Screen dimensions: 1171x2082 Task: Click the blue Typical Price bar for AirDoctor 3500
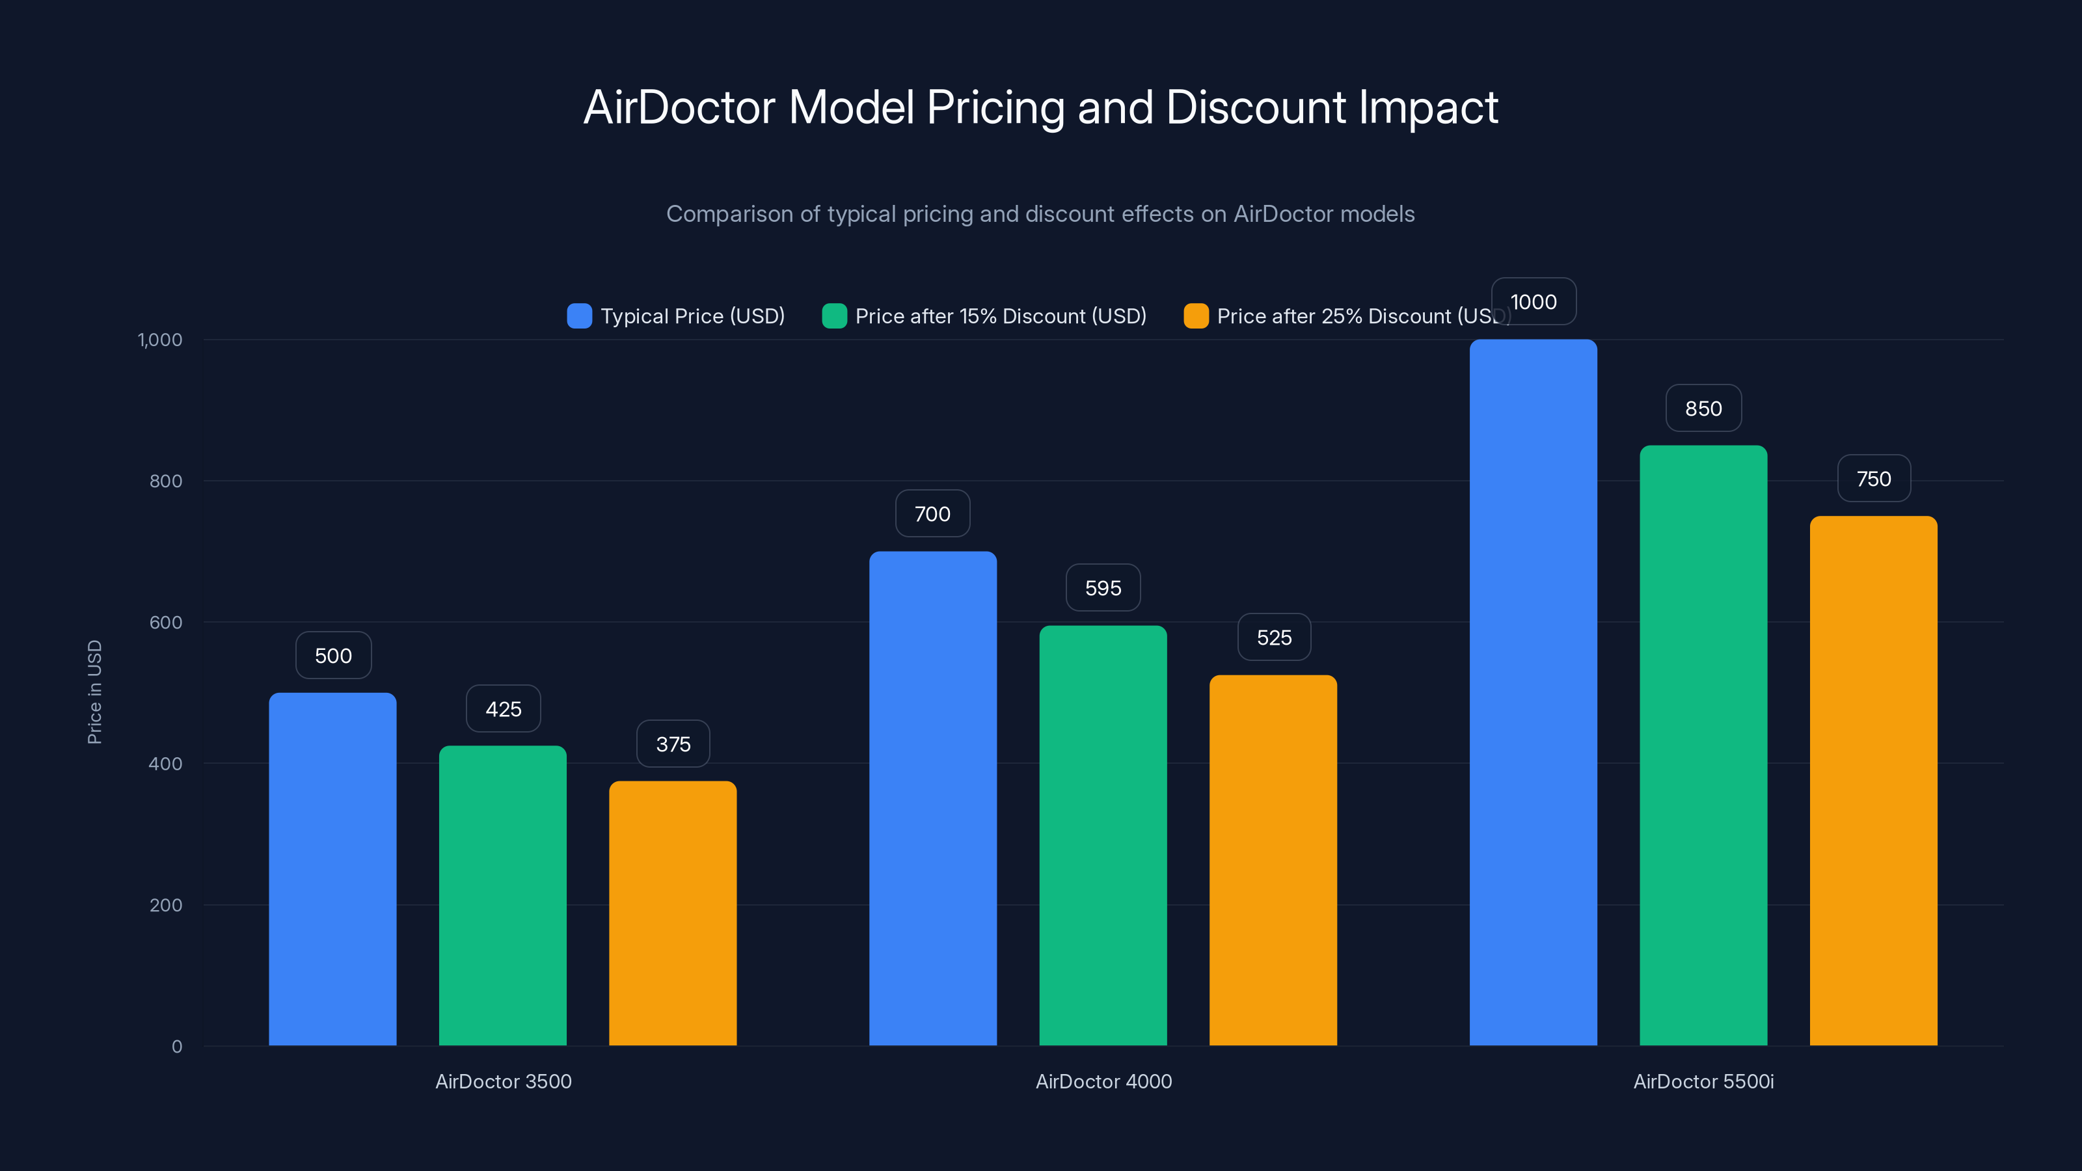click(332, 868)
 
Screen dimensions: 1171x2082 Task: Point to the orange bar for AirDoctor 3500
click(673, 913)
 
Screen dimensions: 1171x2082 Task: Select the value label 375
click(673, 744)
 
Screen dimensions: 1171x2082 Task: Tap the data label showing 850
click(1703, 408)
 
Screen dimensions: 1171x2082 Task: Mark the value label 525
click(1274, 637)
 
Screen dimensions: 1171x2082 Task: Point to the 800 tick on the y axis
click(166, 481)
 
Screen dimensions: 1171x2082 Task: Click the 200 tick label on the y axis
click(166, 905)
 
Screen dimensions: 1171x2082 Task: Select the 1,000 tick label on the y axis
click(160, 340)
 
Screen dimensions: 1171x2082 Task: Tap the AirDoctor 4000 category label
click(1103, 1081)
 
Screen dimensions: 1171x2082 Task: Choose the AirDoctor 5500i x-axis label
click(1703, 1081)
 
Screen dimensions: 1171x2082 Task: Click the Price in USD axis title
click(94, 692)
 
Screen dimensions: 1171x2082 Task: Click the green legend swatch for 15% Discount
click(834, 316)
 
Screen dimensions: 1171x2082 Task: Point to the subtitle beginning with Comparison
click(1040, 214)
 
